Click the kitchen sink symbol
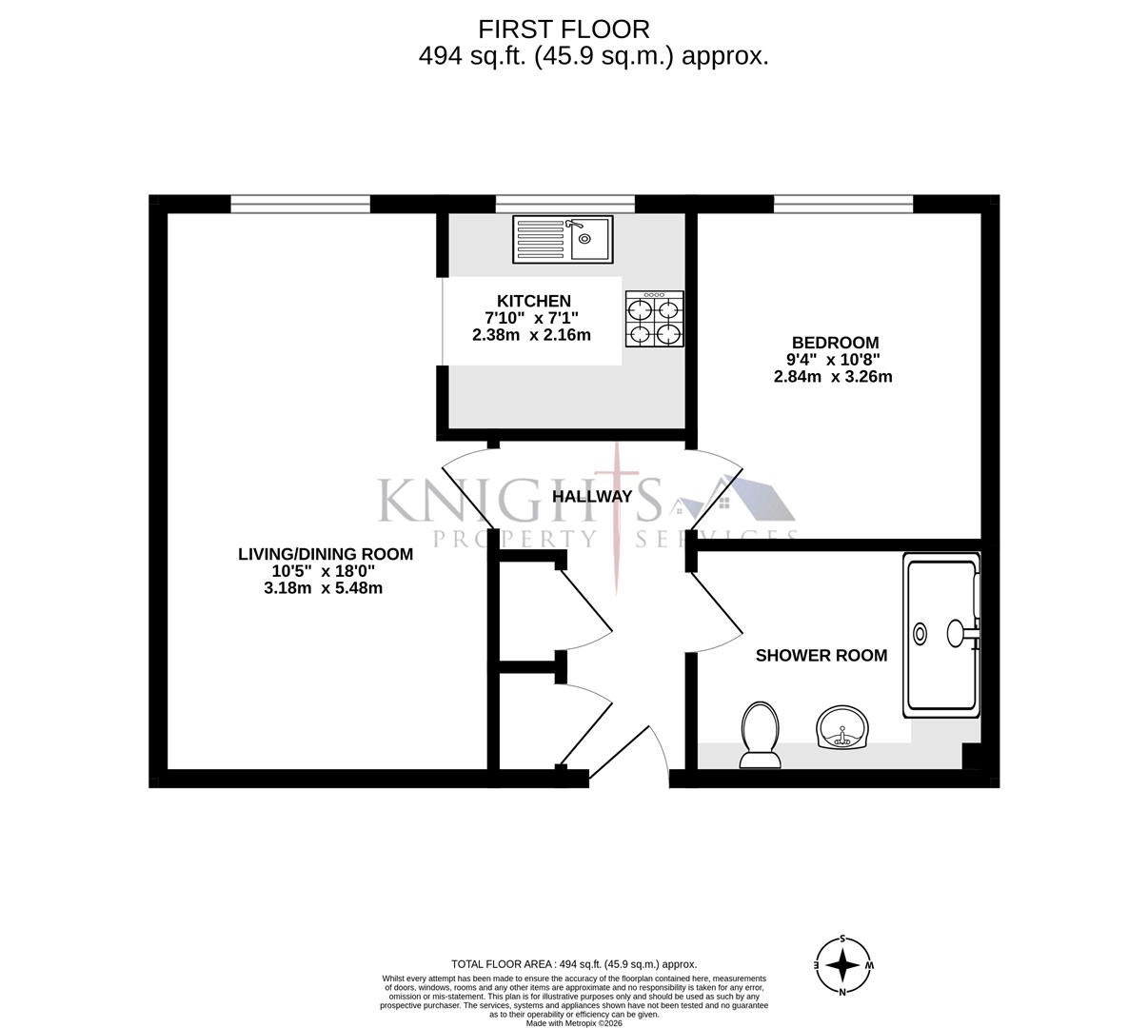tap(563, 238)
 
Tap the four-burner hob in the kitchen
tap(654, 319)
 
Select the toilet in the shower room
tap(760, 735)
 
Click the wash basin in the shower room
tap(842, 728)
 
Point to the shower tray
tap(941, 636)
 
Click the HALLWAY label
tap(592, 496)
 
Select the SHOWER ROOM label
tap(821, 655)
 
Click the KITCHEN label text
tap(533, 301)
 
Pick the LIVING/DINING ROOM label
tap(325, 554)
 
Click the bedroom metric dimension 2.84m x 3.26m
tap(833, 377)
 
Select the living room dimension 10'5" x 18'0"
tap(324, 571)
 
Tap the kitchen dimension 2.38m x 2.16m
tap(531, 335)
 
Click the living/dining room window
tap(300, 204)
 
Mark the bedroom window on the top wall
tap(843, 204)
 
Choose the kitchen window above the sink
tap(564, 204)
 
